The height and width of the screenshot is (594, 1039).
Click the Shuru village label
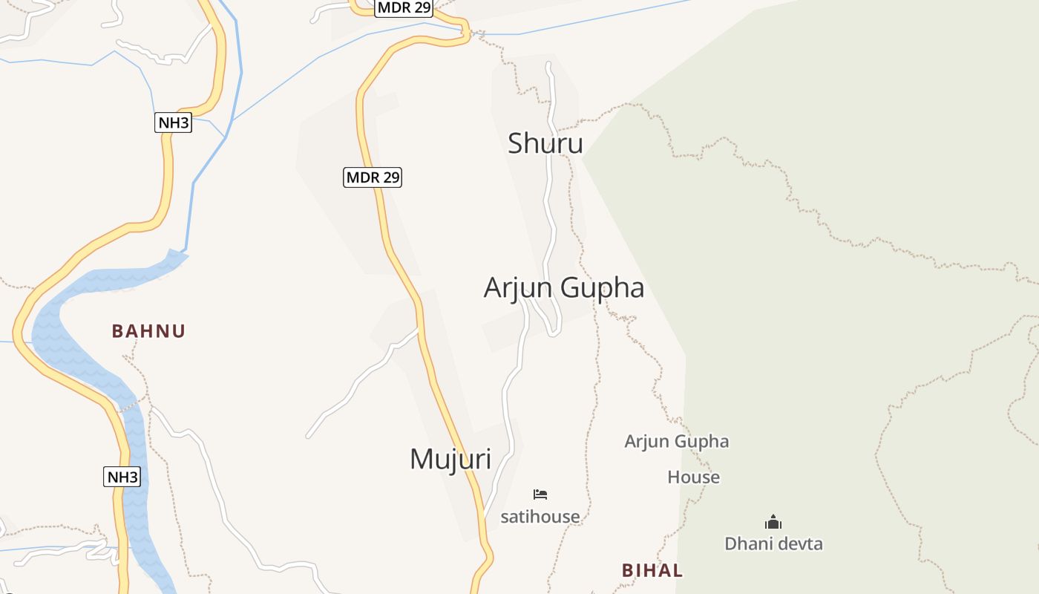pyautogui.click(x=545, y=143)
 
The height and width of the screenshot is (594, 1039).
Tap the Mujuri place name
pyautogui.click(x=450, y=459)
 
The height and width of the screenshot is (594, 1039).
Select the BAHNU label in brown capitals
pyautogui.click(x=148, y=331)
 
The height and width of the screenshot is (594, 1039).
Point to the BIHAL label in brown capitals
pyautogui.click(x=652, y=570)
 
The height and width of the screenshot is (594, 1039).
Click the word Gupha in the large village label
pyautogui.click(x=602, y=287)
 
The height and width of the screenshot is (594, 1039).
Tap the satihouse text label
pyautogui.click(x=540, y=516)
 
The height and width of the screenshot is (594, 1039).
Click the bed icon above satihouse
pyautogui.click(x=540, y=495)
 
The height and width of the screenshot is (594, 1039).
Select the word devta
pyautogui.click(x=799, y=544)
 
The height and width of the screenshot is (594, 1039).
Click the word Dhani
pyautogui.click(x=748, y=544)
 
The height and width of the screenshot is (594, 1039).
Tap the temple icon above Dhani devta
pyautogui.click(x=773, y=523)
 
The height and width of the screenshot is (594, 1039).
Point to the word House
pyautogui.click(x=693, y=477)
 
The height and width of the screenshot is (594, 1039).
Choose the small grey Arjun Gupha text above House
pyautogui.click(x=676, y=442)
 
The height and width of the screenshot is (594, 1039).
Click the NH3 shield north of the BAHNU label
pyautogui.click(x=173, y=123)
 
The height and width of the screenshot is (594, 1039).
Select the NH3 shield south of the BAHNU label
pyautogui.click(x=122, y=477)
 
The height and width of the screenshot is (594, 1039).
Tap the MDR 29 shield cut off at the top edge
pyautogui.click(x=404, y=7)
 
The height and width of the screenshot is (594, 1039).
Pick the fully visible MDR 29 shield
pyautogui.click(x=373, y=177)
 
